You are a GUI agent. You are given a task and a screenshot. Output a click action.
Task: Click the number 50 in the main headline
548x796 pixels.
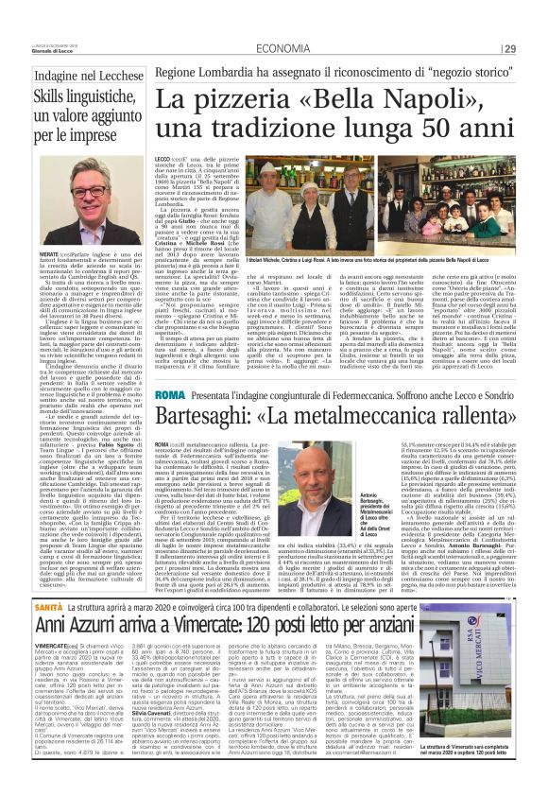tap(452, 125)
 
